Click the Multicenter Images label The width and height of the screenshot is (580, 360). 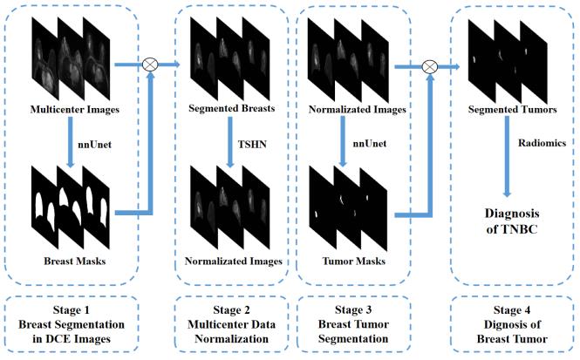(75, 110)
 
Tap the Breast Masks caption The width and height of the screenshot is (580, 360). (75, 261)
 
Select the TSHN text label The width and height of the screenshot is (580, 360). (252, 144)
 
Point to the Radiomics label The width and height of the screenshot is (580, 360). (542, 143)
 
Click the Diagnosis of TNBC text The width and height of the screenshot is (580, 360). (512, 221)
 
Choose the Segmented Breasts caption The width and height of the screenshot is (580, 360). (231, 108)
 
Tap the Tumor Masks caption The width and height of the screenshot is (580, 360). (354, 261)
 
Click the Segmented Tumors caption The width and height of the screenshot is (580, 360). (512, 110)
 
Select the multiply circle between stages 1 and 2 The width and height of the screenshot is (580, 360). (150, 65)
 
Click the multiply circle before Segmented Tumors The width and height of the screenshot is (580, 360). (430, 67)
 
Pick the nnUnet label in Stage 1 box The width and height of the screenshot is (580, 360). (95, 144)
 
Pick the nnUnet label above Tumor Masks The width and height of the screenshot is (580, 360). (370, 144)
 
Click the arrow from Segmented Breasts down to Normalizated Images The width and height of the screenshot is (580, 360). (230, 142)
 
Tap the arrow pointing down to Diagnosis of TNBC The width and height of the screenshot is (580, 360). (507, 156)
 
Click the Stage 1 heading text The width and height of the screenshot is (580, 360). (72, 309)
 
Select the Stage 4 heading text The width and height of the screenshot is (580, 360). (512, 310)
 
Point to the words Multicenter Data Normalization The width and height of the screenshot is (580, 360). (231, 331)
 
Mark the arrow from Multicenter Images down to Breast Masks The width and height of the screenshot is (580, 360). (71, 142)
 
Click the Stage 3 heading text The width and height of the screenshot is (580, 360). (353, 309)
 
